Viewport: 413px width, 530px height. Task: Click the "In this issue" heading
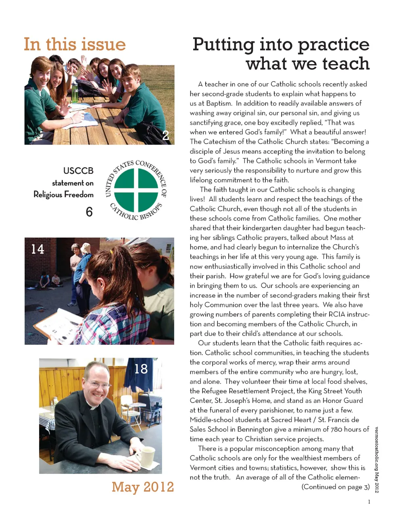[x=75, y=44]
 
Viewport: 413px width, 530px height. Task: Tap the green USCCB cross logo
[x=136, y=190]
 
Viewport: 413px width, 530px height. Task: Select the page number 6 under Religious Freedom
[x=89, y=212]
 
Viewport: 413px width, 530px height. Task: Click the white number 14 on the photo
[x=38, y=249]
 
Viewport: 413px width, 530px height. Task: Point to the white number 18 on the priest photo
[x=141, y=369]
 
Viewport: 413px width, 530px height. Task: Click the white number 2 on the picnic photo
[x=165, y=136]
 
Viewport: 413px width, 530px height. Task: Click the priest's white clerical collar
[x=93, y=407]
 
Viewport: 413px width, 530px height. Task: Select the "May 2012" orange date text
[x=143, y=487]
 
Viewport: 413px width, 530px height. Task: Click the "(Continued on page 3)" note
[x=336, y=487]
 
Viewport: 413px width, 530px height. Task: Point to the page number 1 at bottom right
[x=369, y=502]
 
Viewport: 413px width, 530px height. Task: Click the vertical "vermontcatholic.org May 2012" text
[x=377, y=459]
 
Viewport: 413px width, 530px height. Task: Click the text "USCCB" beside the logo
[x=78, y=171]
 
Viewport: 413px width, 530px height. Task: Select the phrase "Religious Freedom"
[x=63, y=194]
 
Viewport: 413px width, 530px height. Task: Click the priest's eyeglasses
[x=97, y=384]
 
